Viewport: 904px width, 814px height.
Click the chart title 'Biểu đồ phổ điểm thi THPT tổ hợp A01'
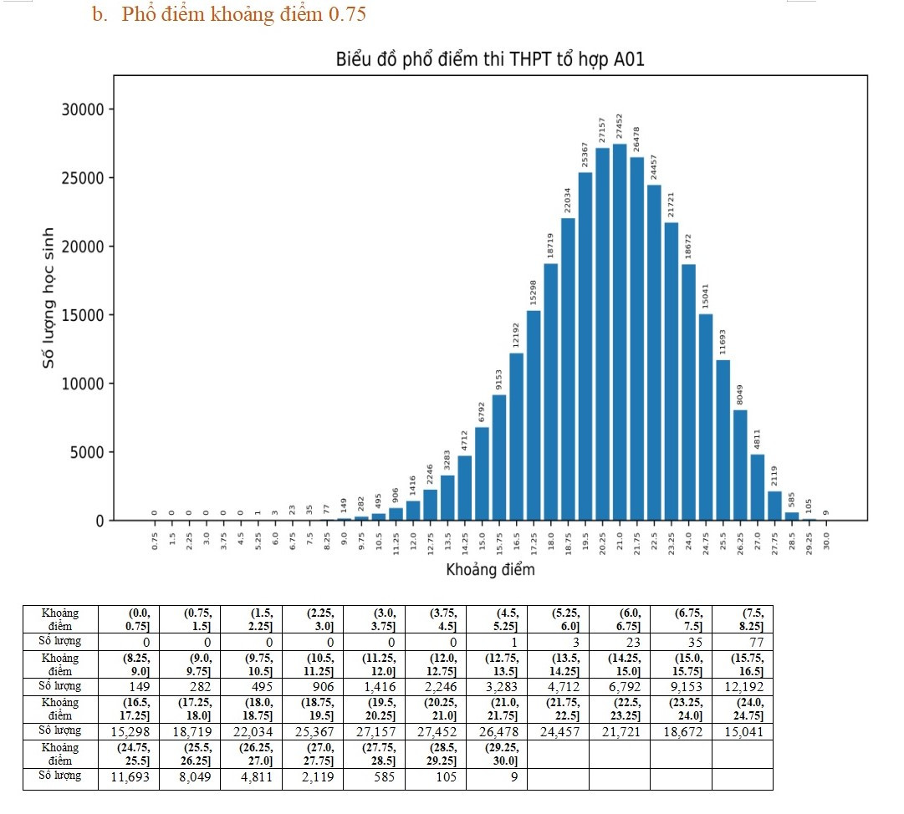pyautogui.click(x=490, y=60)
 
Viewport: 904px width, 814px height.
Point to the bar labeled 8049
pyautogui.click(x=740, y=465)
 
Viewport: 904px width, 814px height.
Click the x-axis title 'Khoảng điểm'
pyautogui.click(x=490, y=570)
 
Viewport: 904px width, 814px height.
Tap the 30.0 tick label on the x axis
pyautogui.click(x=826, y=539)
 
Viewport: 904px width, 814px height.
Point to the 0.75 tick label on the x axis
pyautogui.click(x=155, y=539)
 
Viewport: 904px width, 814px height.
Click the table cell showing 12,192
pyautogui.click(x=742, y=687)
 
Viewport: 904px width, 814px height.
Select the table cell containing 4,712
pyautogui.click(x=558, y=687)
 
